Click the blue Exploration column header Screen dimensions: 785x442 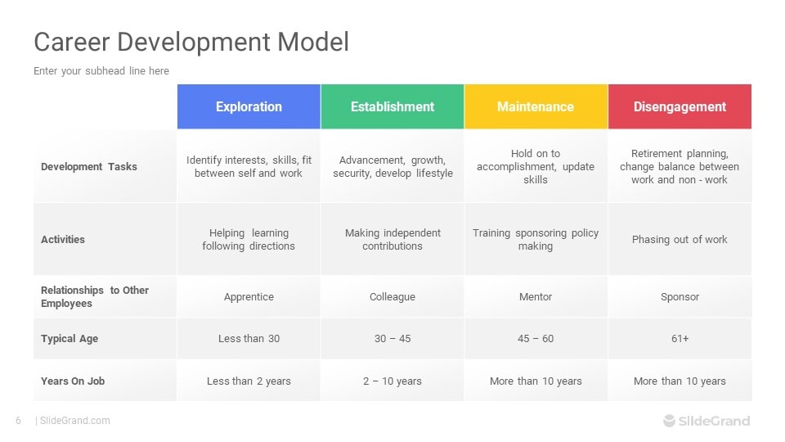click(x=249, y=106)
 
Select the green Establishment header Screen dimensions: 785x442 click(x=392, y=106)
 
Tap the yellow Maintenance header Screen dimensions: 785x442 click(x=536, y=106)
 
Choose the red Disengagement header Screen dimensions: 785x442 click(x=680, y=106)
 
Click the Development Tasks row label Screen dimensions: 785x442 click(x=89, y=167)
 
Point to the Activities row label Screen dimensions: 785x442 click(x=63, y=240)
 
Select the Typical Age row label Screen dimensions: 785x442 click(x=70, y=339)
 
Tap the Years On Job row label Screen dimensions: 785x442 click(x=73, y=381)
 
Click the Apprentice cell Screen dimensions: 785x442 click(x=249, y=296)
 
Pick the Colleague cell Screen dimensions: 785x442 click(x=392, y=296)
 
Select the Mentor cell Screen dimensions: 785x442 click(x=536, y=296)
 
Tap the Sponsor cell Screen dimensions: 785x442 click(x=680, y=296)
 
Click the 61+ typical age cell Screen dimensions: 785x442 click(x=680, y=339)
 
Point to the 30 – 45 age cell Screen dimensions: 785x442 click(x=392, y=339)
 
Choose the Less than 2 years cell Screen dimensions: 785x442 click(x=249, y=381)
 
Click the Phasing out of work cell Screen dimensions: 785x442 click(x=680, y=240)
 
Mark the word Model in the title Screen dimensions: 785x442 click(x=313, y=42)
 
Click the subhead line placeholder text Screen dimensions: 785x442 click(x=101, y=71)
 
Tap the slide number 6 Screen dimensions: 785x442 click(x=19, y=421)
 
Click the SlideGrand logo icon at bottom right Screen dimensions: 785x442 click(x=670, y=421)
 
